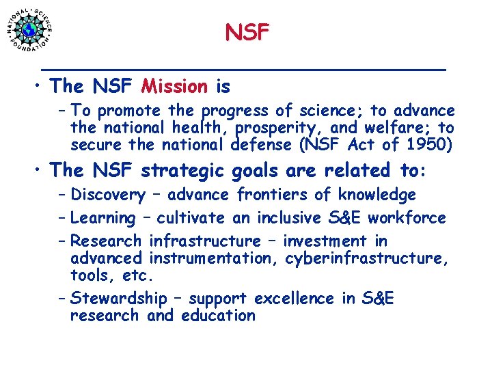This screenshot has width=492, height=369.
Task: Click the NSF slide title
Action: click(x=247, y=31)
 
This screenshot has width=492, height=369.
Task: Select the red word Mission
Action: click(x=174, y=87)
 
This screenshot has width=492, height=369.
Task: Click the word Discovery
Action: click(x=107, y=195)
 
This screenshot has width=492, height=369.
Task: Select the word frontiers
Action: click(x=273, y=195)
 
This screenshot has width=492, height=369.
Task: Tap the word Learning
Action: click(x=103, y=218)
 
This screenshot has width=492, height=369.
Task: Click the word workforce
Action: click(x=415, y=218)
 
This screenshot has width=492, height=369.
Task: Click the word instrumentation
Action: click(x=209, y=258)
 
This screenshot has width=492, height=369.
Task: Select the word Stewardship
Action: click(x=118, y=299)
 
